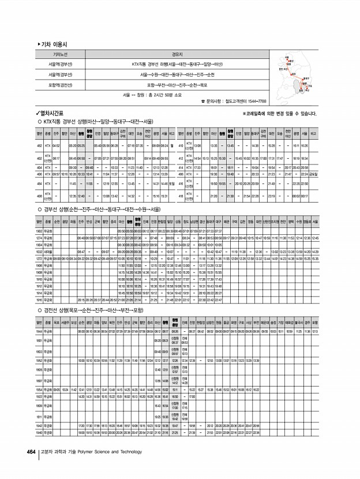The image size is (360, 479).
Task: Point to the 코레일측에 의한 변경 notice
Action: [279, 114]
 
